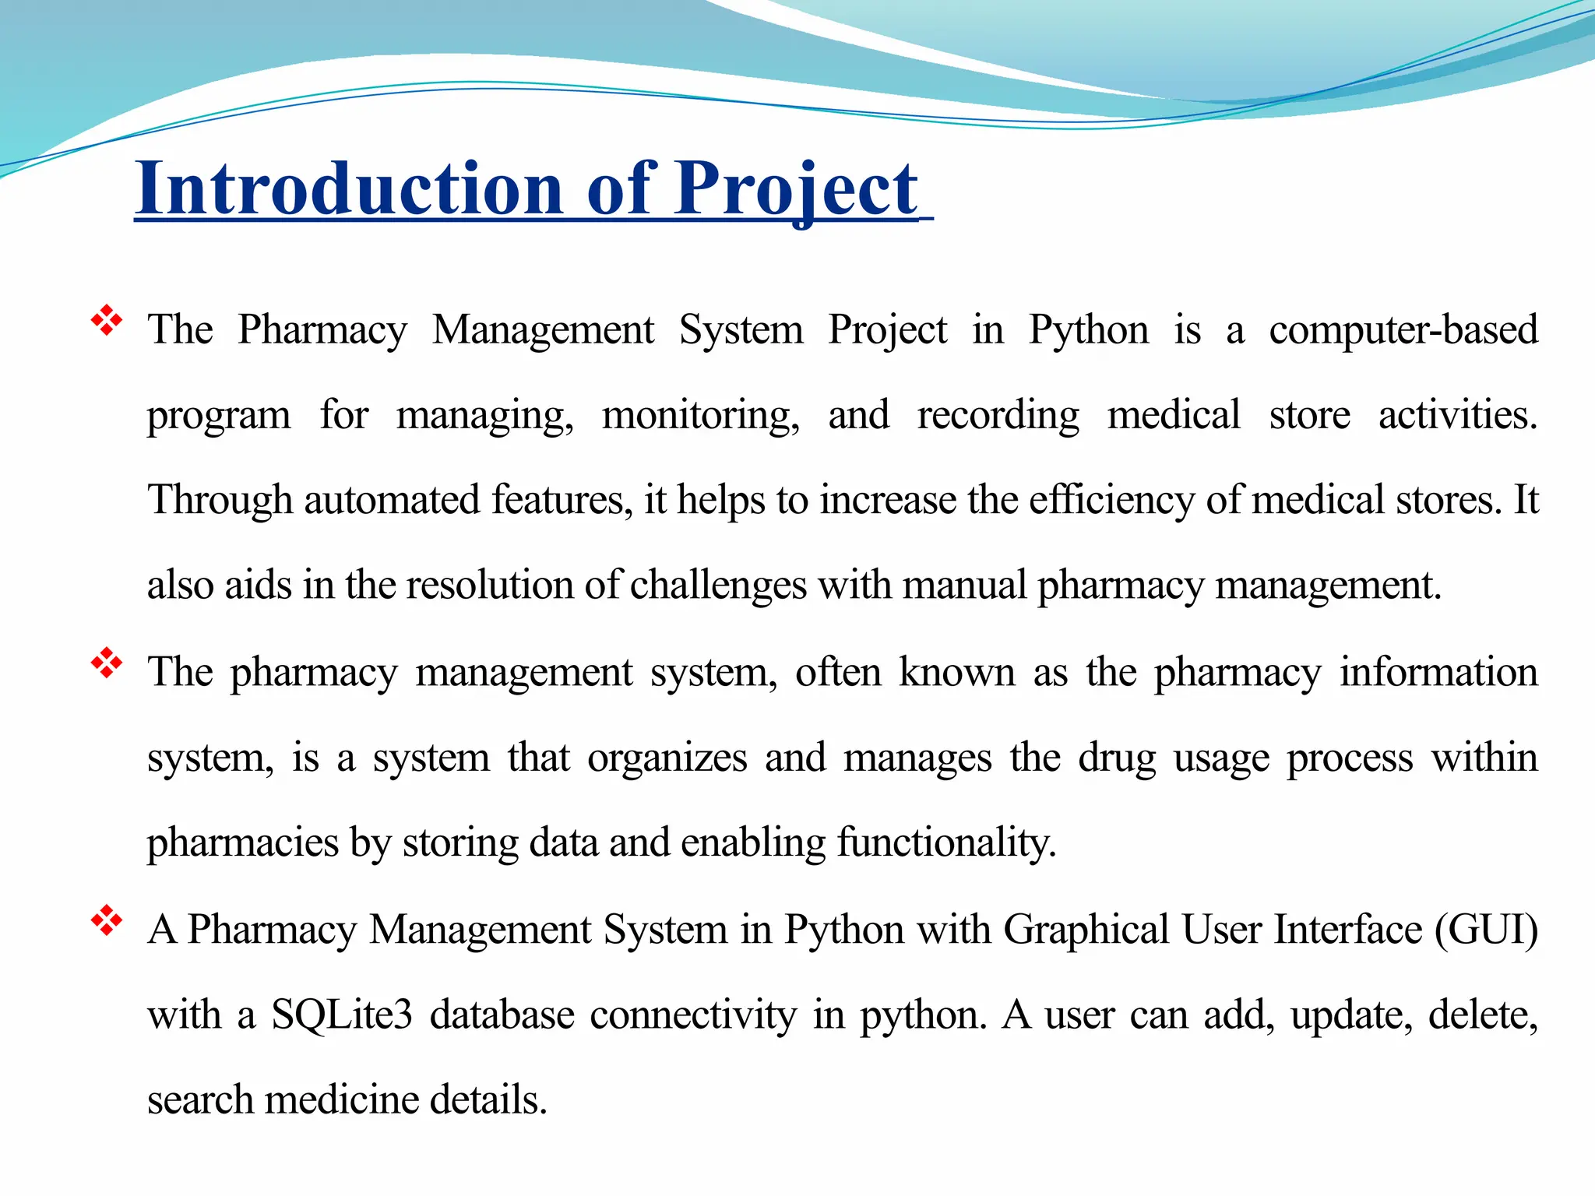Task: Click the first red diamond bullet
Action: (107, 321)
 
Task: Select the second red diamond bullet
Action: (107, 663)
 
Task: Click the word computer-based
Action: (1403, 329)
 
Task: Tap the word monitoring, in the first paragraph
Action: (700, 415)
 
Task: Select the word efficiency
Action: (1111, 500)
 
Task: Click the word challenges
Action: (718, 586)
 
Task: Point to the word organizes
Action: (667, 758)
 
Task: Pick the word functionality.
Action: (946, 843)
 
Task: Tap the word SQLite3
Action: (341, 1015)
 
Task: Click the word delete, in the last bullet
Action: (1483, 1015)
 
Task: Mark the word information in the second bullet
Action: (1438, 672)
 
